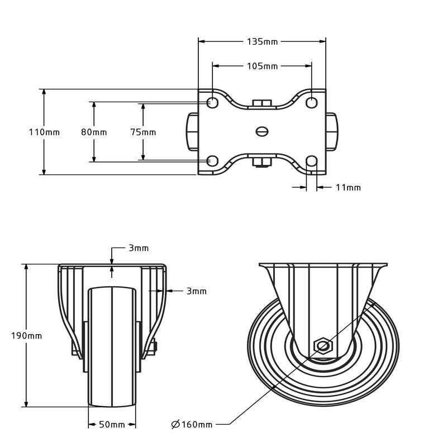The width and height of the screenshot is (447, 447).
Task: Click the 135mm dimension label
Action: [x=262, y=42]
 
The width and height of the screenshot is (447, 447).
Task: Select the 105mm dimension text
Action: [x=262, y=66]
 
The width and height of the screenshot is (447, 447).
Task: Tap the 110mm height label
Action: [x=44, y=132]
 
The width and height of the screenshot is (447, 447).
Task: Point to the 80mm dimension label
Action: [x=94, y=132]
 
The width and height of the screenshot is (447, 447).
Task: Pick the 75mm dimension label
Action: [x=143, y=132]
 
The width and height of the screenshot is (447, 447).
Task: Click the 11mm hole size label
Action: [x=348, y=188]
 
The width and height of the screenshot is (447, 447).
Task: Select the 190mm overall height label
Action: [x=26, y=336]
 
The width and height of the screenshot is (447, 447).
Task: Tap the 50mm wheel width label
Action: [x=112, y=425]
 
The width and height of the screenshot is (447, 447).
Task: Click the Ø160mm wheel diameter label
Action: [x=192, y=425]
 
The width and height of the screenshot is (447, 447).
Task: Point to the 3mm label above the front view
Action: [x=139, y=248]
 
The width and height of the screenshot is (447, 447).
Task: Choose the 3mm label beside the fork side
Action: [x=197, y=291]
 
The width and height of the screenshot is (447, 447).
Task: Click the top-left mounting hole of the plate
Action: [x=212, y=103]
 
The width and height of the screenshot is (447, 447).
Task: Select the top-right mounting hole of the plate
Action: [x=312, y=103]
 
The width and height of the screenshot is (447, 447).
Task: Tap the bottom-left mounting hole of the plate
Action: [x=212, y=161]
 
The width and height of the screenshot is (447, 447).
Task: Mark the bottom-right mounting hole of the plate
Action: [x=312, y=161]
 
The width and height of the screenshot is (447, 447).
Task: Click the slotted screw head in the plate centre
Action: [x=262, y=131]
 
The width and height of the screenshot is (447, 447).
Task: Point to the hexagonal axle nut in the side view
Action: [x=323, y=346]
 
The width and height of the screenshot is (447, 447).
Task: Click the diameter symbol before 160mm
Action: [x=175, y=425]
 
